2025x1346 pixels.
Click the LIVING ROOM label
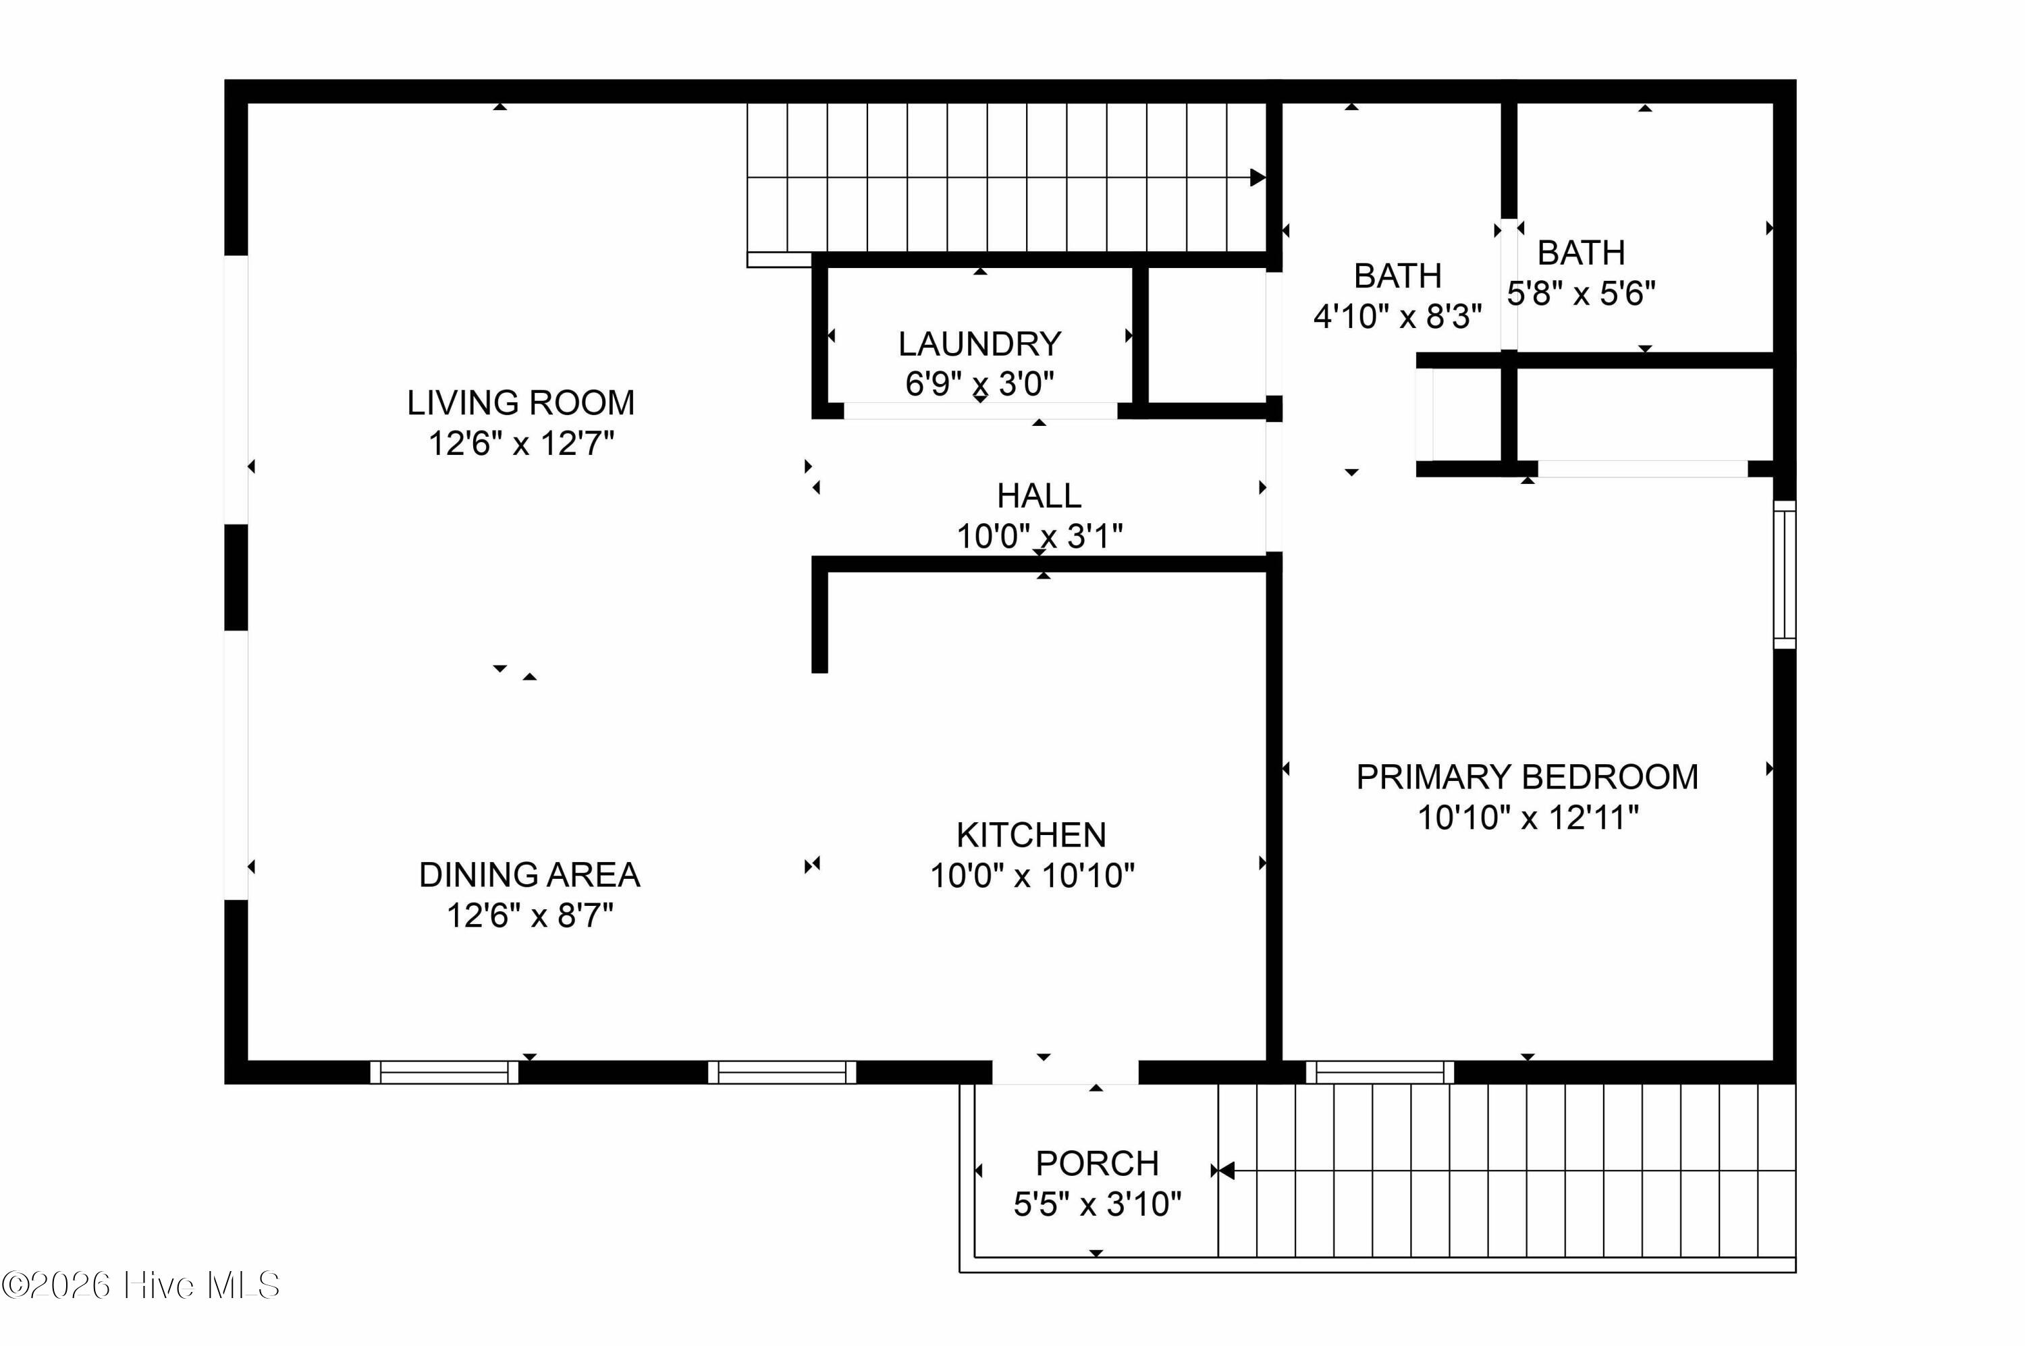point(520,402)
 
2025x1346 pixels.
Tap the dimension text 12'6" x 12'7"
point(521,443)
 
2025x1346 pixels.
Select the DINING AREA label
point(530,875)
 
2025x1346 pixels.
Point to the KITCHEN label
point(1031,835)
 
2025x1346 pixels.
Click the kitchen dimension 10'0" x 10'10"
point(1033,876)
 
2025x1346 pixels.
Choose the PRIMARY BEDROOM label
point(1527,777)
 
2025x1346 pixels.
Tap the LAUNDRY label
point(979,344)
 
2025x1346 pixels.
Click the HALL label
point(1039,496)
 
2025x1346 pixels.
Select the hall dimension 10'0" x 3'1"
point(1039,537)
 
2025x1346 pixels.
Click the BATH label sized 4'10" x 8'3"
point(1397,276)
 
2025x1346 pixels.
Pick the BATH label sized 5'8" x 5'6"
point(1582,253)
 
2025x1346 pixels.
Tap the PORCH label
point(1097,1164)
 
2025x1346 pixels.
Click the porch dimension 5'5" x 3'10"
point(1097,1204)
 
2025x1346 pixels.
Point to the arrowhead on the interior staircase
point(1258,178)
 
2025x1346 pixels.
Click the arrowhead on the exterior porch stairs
point(1226,1171)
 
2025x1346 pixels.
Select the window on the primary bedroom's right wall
point(1785,574)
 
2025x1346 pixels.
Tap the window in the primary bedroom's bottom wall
point(1380,1072)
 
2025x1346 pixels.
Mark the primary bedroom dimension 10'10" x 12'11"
point(1528,817)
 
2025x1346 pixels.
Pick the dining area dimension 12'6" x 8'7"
point(530,916)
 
